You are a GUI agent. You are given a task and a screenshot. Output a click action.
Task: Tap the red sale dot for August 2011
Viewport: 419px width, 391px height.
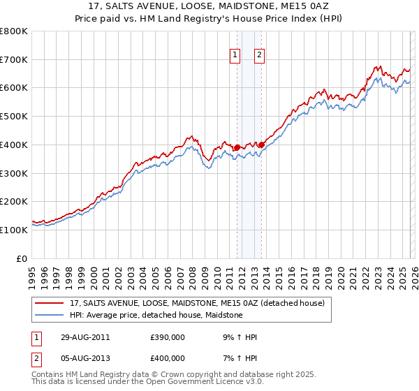237,147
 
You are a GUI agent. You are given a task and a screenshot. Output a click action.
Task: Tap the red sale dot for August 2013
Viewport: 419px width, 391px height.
261,145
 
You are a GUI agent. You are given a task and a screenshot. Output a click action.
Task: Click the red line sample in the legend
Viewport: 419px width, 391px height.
50,304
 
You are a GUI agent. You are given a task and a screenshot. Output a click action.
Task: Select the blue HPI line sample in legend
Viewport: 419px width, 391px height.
50,316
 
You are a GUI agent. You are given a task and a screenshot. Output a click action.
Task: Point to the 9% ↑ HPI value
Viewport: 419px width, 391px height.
239,337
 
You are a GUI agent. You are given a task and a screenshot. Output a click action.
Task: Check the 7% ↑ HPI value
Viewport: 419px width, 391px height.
239,358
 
